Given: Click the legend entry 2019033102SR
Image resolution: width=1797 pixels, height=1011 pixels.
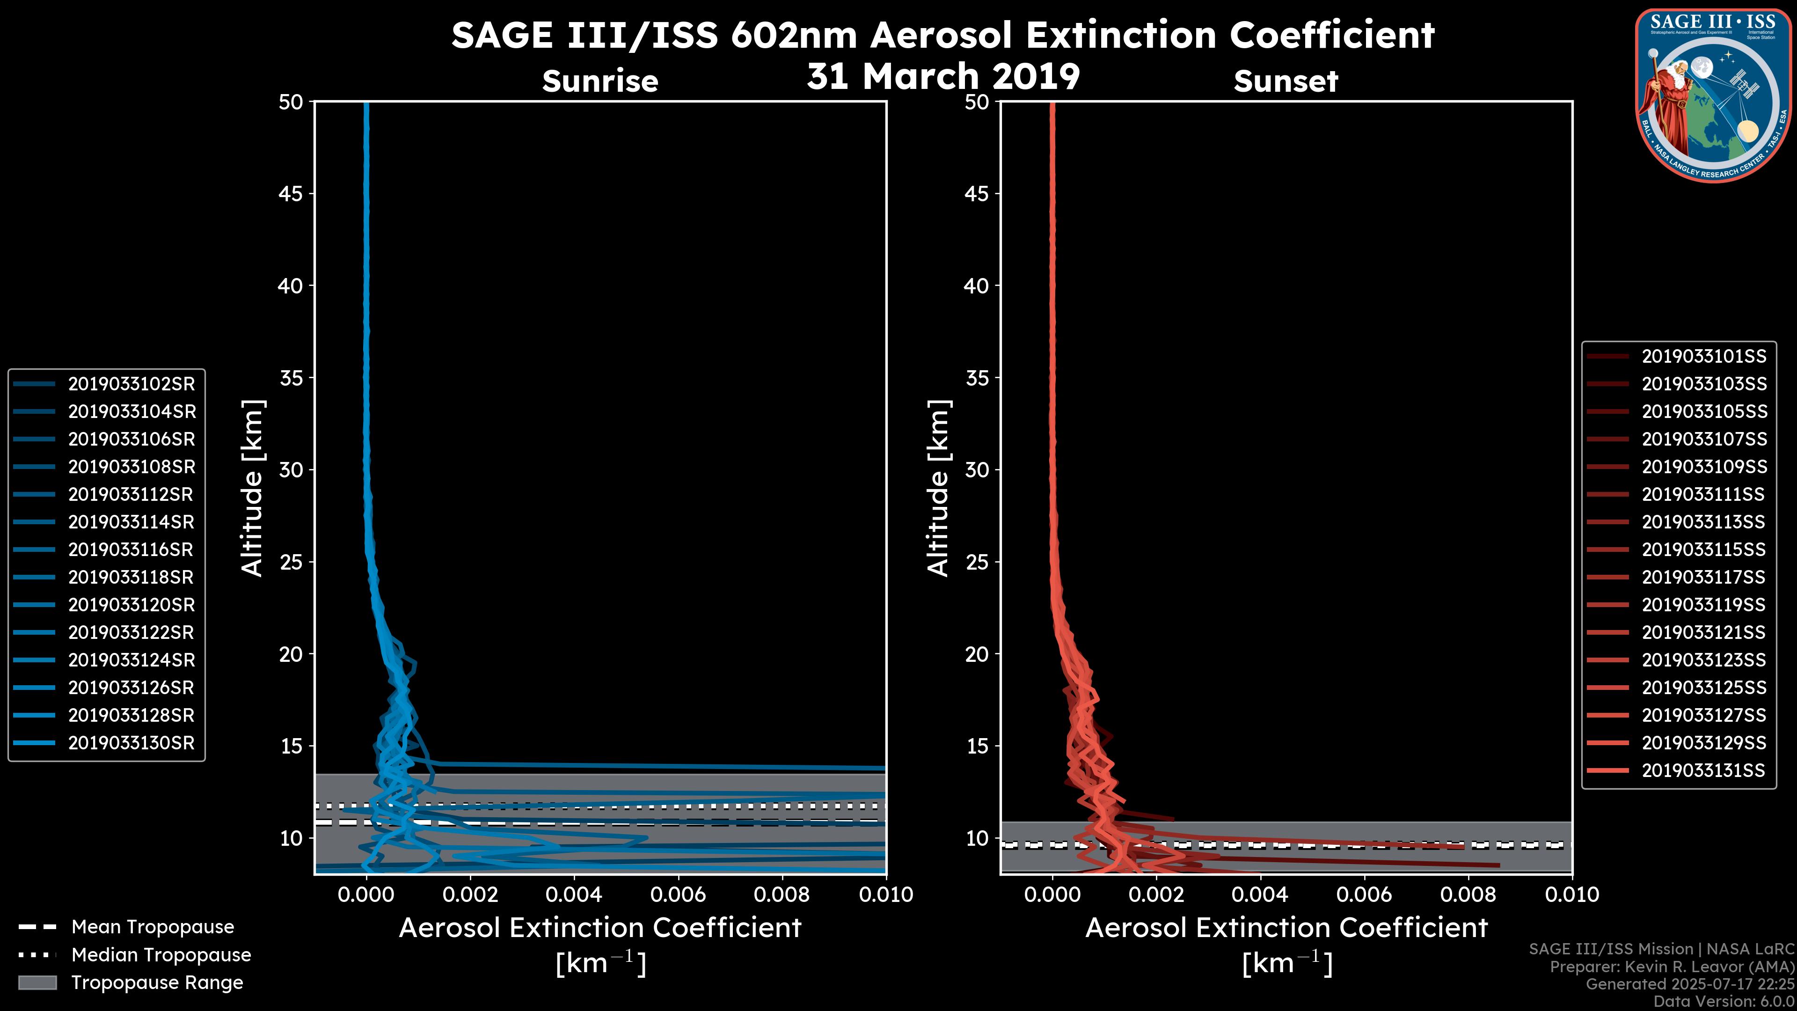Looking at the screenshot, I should pyautogui.click(x=131, y=384).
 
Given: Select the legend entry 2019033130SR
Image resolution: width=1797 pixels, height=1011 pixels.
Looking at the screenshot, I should pyautogui.click(x=131, y=743).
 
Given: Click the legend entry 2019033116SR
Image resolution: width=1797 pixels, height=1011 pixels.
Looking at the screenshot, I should pyautogui.click(x=131, y=550).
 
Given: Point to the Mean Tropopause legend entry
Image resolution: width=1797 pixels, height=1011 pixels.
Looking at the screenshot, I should pyautogui.click(x=153, y=927).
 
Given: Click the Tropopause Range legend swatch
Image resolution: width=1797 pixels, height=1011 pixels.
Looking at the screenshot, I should pyautogui.click(x=37, y=982).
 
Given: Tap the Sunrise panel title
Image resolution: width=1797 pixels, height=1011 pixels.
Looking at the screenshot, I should pyautogui.click(x=600, y=81).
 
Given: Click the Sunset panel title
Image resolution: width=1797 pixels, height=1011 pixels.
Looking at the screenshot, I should pyautogui.click(x=1286, y=81).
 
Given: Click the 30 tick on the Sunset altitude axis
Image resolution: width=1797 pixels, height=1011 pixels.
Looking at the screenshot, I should pyautogui.click(x=977, y=470).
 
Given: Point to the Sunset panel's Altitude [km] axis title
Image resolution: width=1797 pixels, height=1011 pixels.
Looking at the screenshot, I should pyautogui.click(x=939, y=488).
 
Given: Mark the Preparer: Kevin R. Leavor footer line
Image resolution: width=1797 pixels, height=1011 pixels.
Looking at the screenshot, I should pyautogui.click(x=1672, y=967).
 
